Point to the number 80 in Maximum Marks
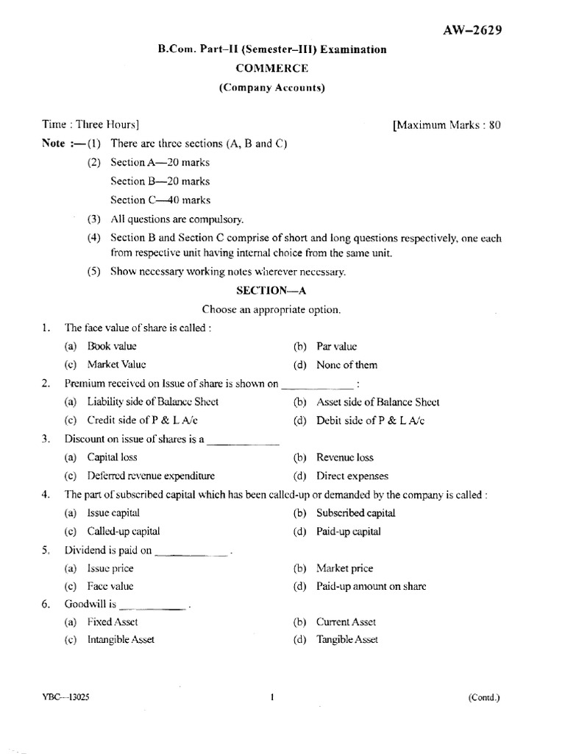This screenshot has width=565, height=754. [x=494, y=125]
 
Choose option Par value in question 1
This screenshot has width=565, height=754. [x=337, y=345]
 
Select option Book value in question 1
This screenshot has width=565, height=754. [x=112, y=345]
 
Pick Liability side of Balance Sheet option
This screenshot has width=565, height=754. [x=152, y=402]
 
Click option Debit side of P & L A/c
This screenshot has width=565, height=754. [x=371, y=420]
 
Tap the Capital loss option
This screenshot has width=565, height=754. [x=112, y=457]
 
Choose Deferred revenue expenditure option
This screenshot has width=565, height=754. [x=151, y=476]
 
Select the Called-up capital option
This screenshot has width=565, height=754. [x=123, y=531]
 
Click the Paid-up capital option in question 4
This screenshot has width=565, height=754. [x=348, y=531]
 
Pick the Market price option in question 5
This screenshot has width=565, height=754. [x=344, y=568]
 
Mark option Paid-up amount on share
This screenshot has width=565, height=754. [x=371, y=587]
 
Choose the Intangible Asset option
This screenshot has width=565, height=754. [x=121, y=640]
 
